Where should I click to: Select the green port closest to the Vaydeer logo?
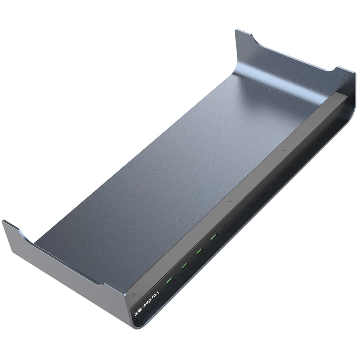[x=168, y=280]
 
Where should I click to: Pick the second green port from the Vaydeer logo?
[x=184, y=266]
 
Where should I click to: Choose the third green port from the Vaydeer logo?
[x=199, y=251]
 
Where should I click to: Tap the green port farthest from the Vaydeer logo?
[x=214, y=237]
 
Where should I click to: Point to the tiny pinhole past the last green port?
[x=224, y=226]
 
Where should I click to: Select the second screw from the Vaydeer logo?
[x=229, y=203]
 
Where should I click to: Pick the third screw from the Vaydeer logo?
[x=283, y=151]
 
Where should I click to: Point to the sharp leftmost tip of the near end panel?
[x=3, y=221]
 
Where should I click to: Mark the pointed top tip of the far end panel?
[x=236, y=30]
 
